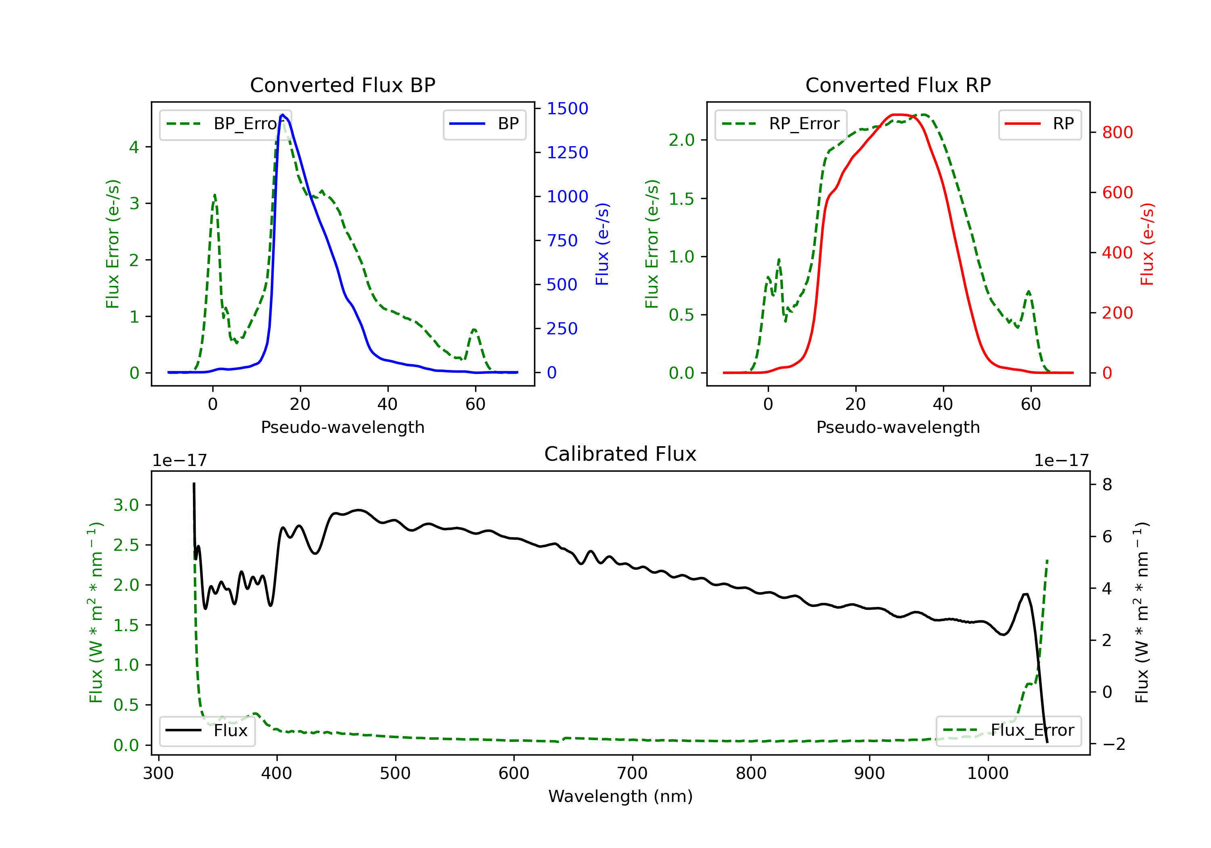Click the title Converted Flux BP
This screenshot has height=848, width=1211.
[x=342, y=85]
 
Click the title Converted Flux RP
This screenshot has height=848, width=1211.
[x=898, y=85]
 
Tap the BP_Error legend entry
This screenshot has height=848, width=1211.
[x=226, y=124]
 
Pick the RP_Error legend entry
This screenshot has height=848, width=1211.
[x=781, y=124]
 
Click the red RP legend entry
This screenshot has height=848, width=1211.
[x=1039, y=124]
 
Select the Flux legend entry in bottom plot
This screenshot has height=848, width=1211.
[x=207, y=730]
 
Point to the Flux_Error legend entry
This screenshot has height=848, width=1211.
[x=1008, y=730]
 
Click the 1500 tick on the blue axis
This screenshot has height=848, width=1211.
[x=567, y=109]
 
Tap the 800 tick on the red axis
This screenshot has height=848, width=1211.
[x=1117, y=132]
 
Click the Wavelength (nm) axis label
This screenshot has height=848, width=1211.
[x=620, y=796]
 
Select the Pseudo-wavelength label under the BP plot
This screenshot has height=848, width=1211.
[x=342, y=427]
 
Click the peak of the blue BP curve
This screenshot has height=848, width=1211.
[x=283, y=115]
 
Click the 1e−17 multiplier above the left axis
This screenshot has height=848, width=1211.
[x=179, y=461]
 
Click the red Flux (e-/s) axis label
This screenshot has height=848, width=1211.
[x=1147, y=244]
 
